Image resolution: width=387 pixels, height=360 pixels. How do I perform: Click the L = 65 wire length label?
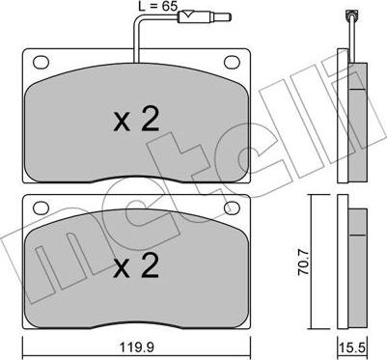click(158, 6)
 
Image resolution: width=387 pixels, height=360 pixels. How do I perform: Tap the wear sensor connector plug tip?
click(229, 16)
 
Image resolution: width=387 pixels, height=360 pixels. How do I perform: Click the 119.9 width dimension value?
click(136, 347)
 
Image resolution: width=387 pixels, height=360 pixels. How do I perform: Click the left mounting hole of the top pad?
click(41, 62)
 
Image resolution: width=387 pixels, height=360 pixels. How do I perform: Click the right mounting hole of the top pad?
click(232, 62)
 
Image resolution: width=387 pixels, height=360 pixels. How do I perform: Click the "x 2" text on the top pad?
click(136, 120)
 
